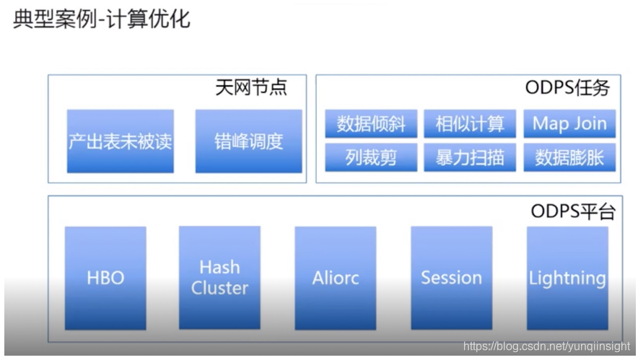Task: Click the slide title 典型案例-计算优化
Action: click(102, 19)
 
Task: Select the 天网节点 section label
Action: click(250, 88)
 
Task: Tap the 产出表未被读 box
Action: click(121, 141)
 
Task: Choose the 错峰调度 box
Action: click(248, 141)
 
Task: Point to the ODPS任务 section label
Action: click(567, 88)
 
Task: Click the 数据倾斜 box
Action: click(371, 124)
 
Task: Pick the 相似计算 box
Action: click(470, 124)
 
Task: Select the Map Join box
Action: click(569, 124)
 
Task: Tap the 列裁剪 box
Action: click(371, 157)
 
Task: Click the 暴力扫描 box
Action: click(470, 157)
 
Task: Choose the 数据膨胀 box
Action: click(569, 157)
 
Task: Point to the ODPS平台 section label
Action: click(573, 211)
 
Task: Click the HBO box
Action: click(105, 278)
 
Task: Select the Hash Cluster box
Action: click(219, 278)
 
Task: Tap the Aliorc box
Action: click(336, 278)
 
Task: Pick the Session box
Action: click(451, 278)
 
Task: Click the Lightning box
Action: click(567, 278)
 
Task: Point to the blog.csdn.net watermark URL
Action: click(547, 346)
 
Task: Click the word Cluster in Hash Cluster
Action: click(219, 288)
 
